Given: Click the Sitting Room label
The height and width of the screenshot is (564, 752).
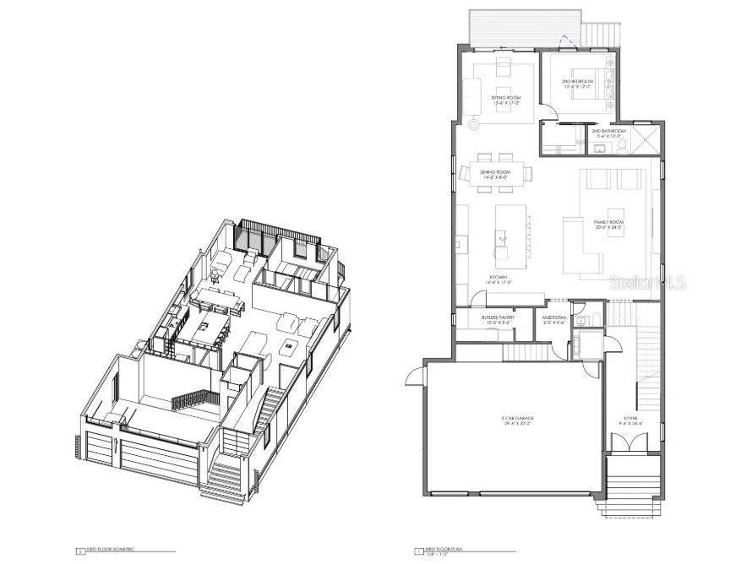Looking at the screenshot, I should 506,100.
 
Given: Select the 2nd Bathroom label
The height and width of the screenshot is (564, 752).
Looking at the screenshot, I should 608,133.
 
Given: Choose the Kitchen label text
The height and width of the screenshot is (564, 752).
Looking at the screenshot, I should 499,279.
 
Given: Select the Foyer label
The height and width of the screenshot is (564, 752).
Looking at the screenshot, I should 631,420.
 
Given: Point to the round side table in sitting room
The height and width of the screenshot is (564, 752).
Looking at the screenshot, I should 474,123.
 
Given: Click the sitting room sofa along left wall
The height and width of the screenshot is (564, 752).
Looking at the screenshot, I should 471,90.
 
